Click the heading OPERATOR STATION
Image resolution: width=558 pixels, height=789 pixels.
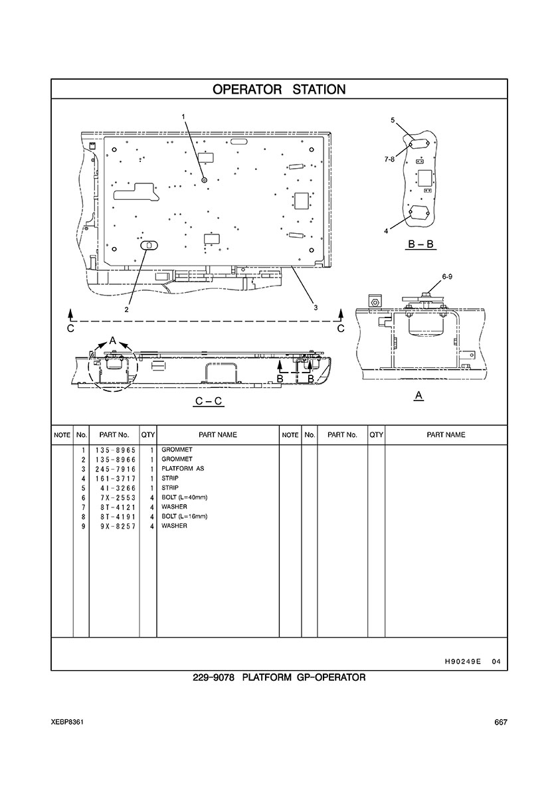279,90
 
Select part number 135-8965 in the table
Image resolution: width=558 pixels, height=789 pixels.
115,450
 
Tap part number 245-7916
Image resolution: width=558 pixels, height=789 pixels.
115,469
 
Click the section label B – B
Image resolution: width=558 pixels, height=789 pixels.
420,244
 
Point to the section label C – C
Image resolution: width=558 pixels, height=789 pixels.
209,402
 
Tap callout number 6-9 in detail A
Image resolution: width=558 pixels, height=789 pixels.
447,276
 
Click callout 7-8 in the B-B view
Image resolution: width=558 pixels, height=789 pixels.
389,159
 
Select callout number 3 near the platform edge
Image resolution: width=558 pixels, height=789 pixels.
316,308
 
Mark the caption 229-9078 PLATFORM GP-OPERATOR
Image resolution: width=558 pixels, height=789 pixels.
279,677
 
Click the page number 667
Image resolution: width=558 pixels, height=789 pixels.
500,723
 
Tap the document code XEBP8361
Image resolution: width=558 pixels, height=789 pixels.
67,723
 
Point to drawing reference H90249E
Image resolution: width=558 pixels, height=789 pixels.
459,662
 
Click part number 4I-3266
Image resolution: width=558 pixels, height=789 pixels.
118,488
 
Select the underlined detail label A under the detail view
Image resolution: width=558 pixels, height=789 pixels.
418,396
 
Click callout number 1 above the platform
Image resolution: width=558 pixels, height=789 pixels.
183,117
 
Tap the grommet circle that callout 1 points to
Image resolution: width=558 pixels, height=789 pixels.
204,179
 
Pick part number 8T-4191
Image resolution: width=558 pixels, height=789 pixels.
118,517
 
